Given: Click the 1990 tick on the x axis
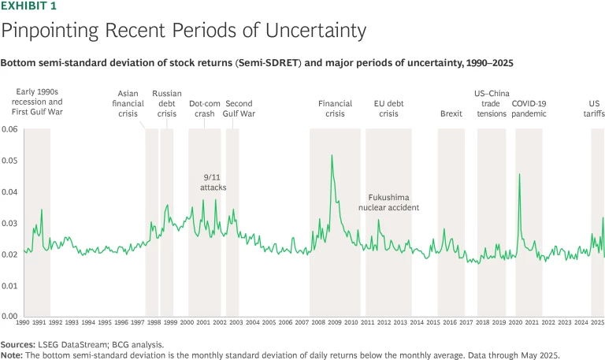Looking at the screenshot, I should point(23,322).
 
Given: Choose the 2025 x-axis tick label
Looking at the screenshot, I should point(597,322).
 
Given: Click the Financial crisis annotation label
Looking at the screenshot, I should point(335,109).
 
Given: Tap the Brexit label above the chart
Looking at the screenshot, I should point(451,113).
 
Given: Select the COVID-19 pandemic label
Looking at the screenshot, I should point(529,109).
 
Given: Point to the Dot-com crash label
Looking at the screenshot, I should point(204,109).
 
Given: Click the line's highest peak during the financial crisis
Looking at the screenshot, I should point(332,155).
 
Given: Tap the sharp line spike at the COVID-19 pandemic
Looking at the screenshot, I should point(520,174).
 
